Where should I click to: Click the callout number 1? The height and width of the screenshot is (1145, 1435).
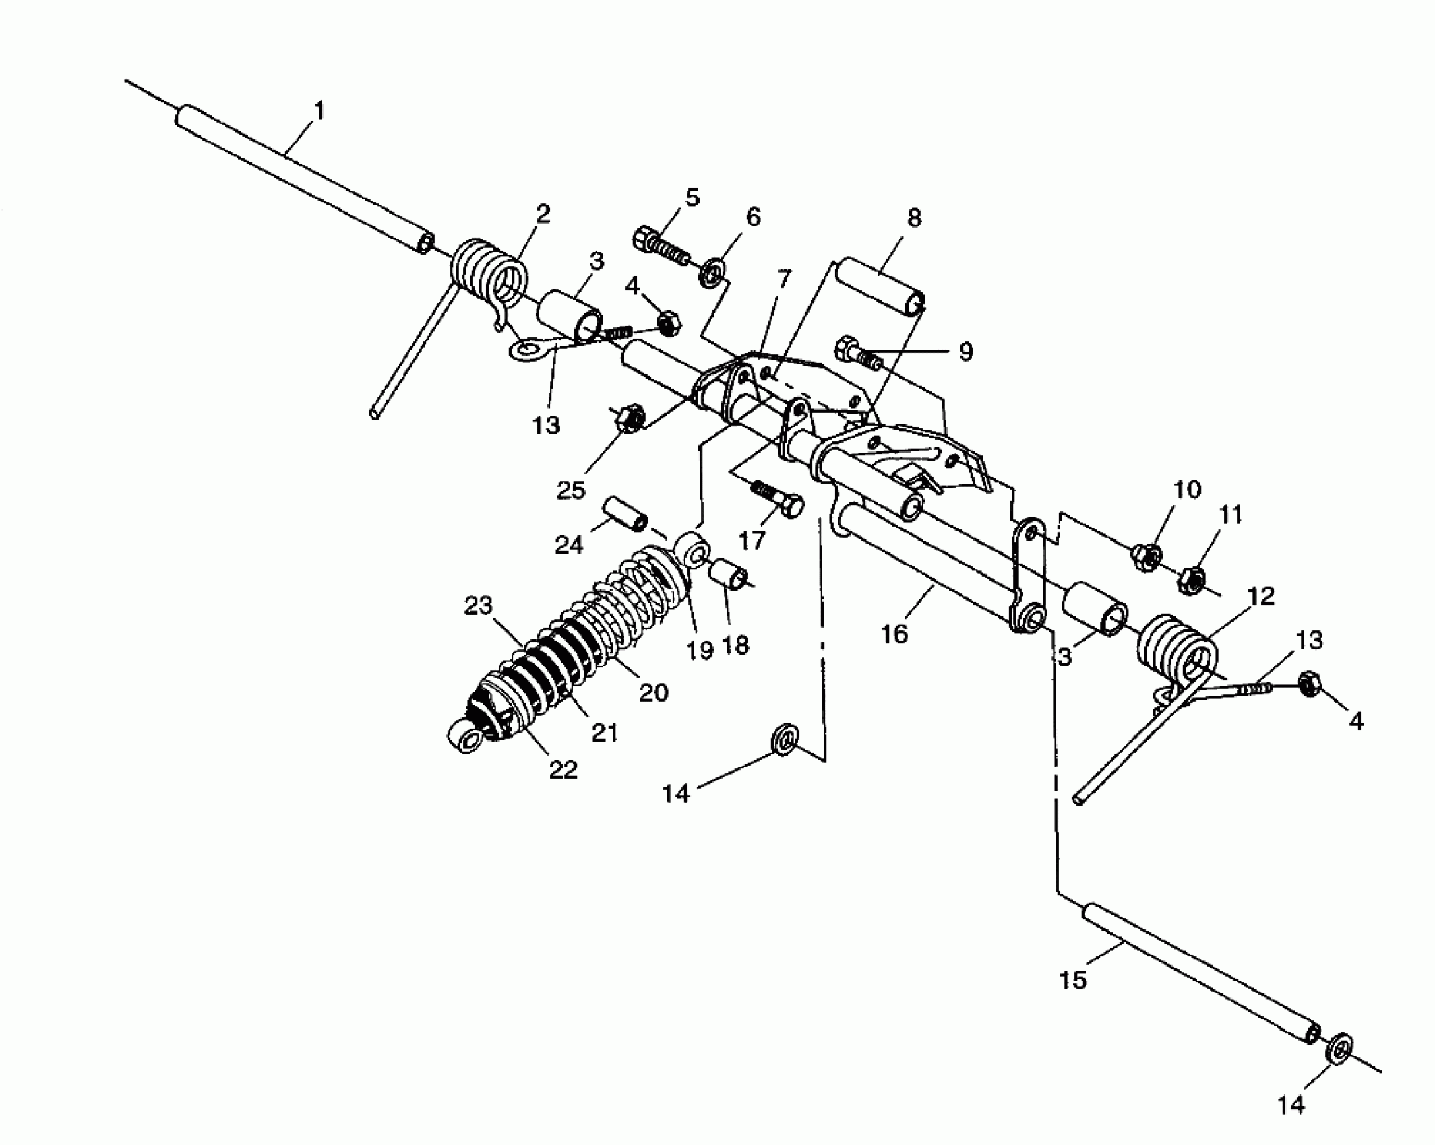(319, 110)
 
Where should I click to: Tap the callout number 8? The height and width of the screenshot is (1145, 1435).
(913, 218)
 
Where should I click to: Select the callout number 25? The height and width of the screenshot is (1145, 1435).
(570, 490)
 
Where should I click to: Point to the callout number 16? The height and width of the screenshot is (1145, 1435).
(894, 634)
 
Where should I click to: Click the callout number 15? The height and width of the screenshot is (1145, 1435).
(1073, 980)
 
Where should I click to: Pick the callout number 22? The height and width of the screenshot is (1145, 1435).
(563, 770)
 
